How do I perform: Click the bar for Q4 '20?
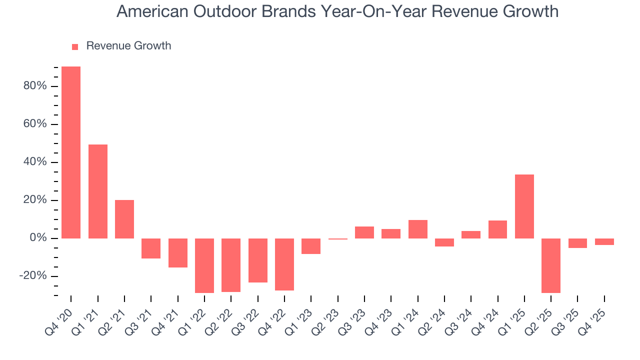[71, 152]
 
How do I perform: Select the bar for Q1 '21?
[98, 191]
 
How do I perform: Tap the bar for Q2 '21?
[124, 219]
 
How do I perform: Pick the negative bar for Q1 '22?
[204, 265]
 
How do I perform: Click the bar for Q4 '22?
[284, 264]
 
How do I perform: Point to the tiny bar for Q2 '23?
[338, 239]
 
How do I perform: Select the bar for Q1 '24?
[418, 229]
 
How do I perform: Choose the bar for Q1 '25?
[524, 206]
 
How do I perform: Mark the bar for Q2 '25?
[551, 265]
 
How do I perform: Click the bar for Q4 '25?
[604, 241]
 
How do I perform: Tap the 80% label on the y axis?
[34, 86]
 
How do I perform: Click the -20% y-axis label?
[33, 276]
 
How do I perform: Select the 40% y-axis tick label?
[34, 162]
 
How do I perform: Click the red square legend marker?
[75, 46]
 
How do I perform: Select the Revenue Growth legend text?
[128, 46]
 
